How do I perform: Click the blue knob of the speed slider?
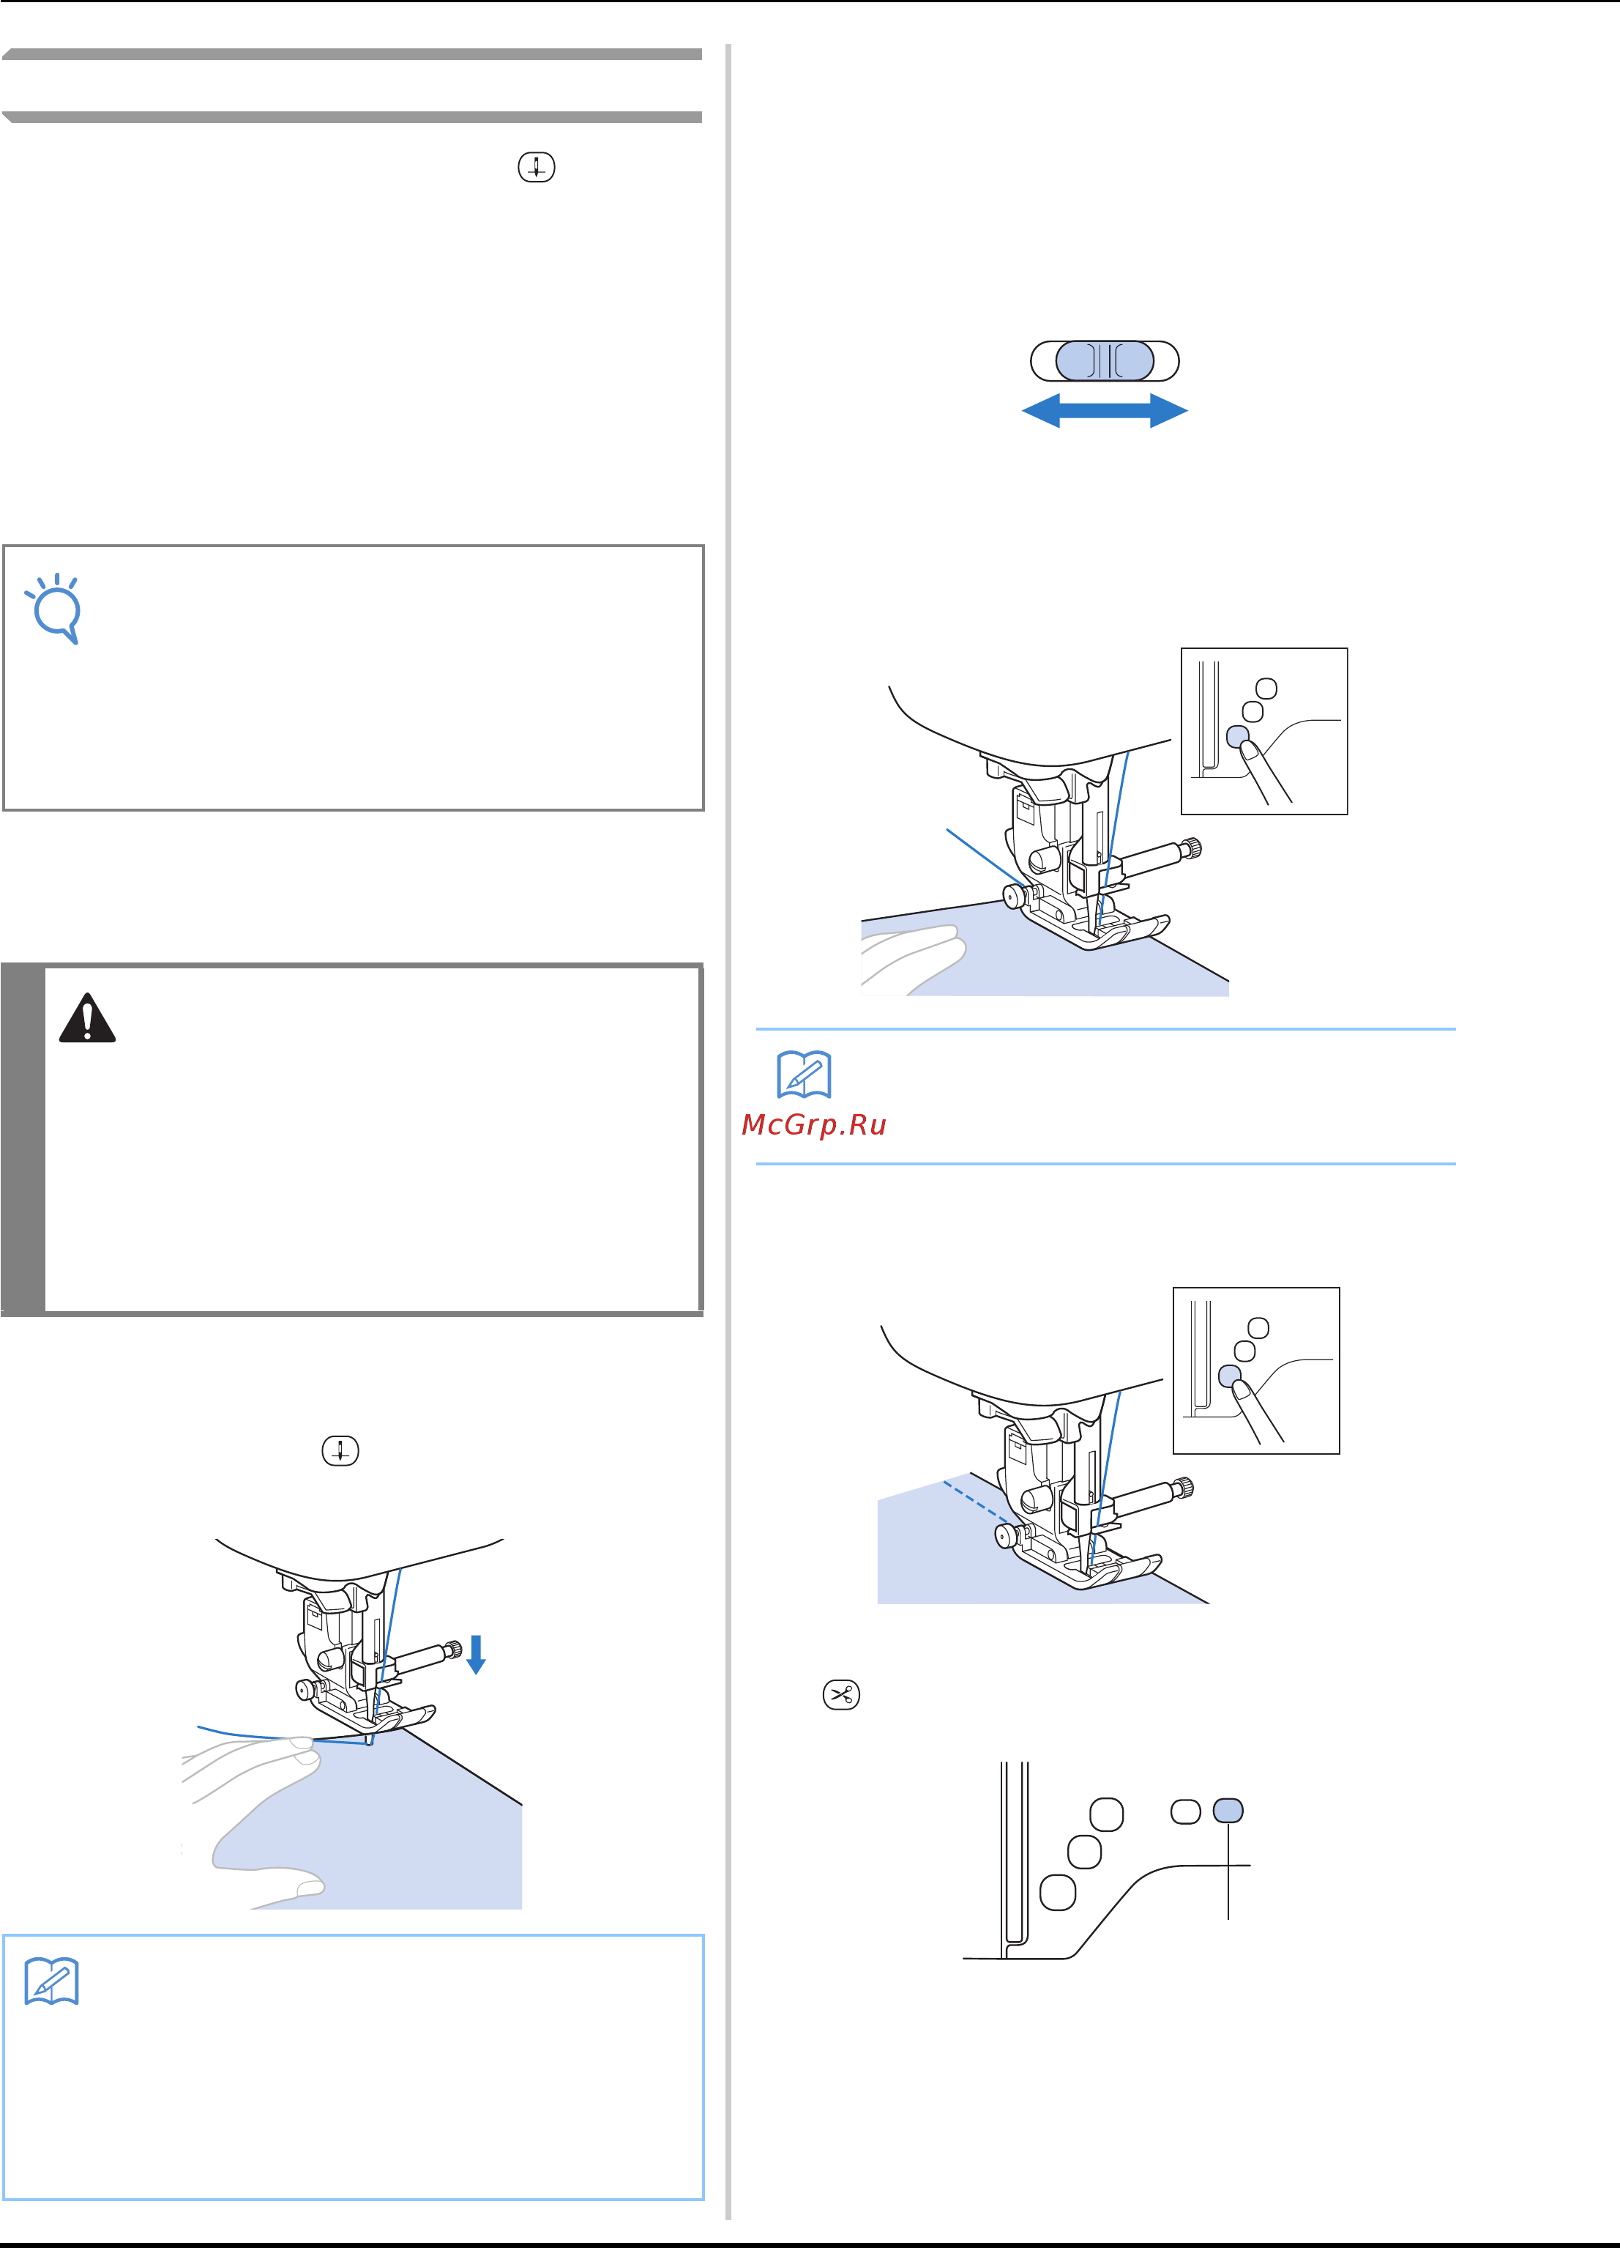click(x=1105, y=361)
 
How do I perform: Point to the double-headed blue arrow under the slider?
click(x=1105, y=410)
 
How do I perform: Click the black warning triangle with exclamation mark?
click(x=87, y=1018)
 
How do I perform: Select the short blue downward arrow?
click(x=476, y=1654)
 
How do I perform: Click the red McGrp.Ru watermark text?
click(x=813, y=1125)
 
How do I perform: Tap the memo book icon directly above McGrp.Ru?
click(x=804, y=1075)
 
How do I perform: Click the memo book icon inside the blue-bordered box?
click(x=51, y=1981)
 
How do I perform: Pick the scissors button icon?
click(x=841, y=1694)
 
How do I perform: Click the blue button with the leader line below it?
click(x=1228, y=1811)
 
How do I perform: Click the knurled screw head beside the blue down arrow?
click(x=453, y=1648)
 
